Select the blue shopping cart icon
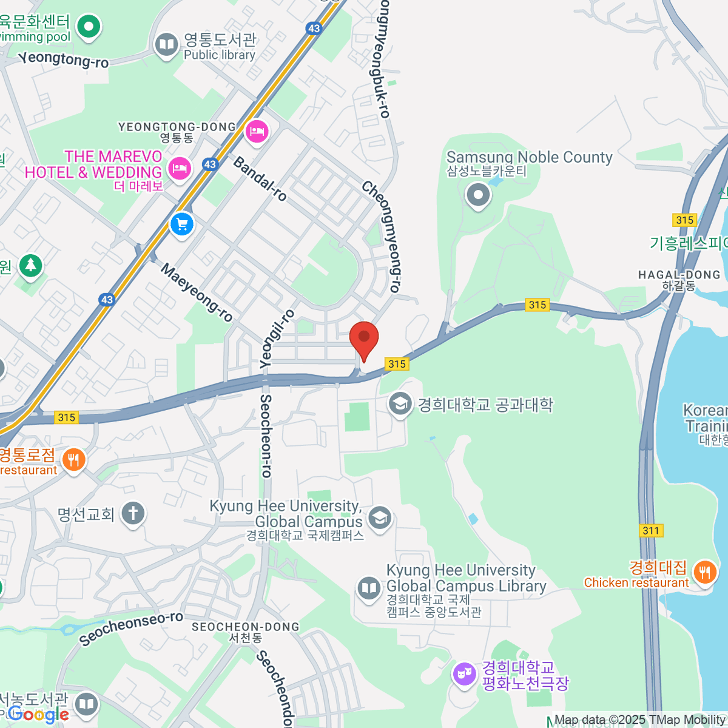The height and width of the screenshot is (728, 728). [181, 224]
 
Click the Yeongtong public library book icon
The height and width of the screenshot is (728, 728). [166, 44]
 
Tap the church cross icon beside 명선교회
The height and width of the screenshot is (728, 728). [133, 513]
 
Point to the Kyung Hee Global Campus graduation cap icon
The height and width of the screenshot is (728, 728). [380, 517]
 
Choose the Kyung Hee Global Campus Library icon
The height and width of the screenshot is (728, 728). [368, 587]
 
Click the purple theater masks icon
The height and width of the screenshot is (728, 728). [465, 673]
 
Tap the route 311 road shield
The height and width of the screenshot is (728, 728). [651, 530]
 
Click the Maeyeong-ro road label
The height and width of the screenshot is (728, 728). [197, 292]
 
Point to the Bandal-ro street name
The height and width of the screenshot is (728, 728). [260, 178]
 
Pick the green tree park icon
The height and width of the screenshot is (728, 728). [30, 265]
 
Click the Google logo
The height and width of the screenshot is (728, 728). [38, 715]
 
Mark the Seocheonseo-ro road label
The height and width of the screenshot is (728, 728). [131, 629]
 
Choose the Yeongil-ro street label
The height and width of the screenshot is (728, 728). [277, 339]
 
